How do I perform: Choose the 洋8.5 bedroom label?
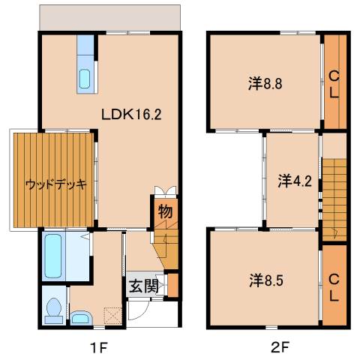tap(267, 281)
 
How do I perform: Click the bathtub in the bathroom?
tap(52, 256)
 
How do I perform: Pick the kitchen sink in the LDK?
tap(84, 78)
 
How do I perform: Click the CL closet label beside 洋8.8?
tap(334, 83)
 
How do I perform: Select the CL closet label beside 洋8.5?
tap(334, 285)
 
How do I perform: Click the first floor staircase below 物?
tap(166, 247)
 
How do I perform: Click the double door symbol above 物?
tap(165, 191)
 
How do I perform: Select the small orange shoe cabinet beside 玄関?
tap(172, 285)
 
